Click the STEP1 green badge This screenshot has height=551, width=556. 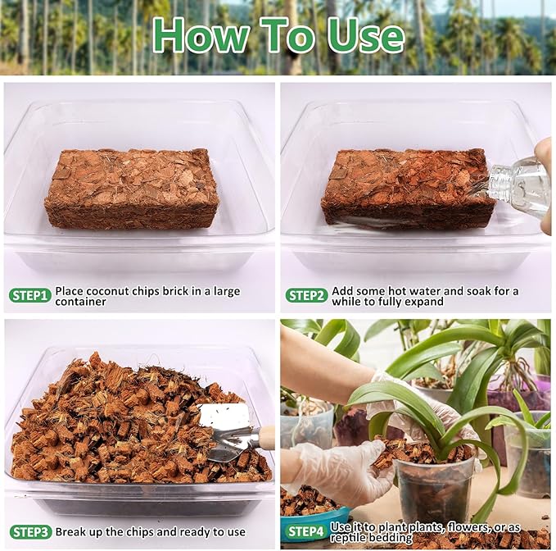click(x=30, y=294)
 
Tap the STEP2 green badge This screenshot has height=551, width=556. click(x=306, y=295)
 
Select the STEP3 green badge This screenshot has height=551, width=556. click(x=30, y=531)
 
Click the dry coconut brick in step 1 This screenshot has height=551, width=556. click(x=131, y=188)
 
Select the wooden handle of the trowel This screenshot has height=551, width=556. click(x=266, y=436)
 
